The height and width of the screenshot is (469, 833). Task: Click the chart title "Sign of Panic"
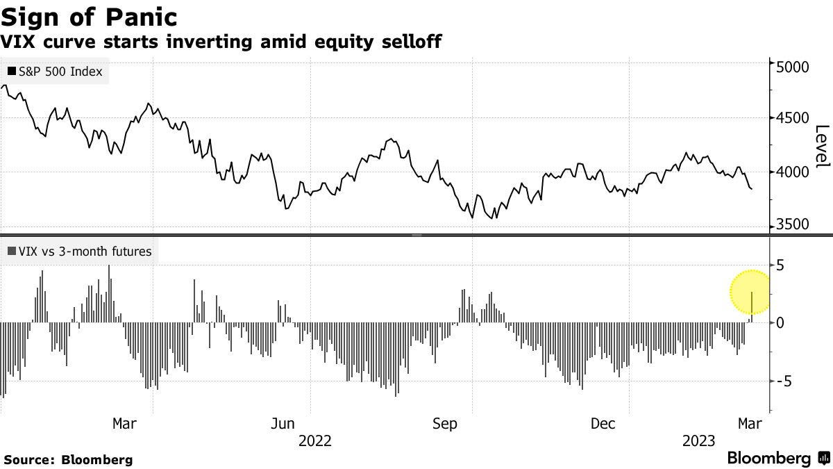click(x=90, y=16)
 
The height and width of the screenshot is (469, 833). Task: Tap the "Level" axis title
click(x=822, y=146)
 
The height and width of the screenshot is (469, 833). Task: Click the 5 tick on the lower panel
click(x=780, y=265)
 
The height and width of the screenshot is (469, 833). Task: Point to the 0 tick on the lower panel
click(x=780, y=323)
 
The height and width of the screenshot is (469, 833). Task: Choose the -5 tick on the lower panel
click(x=784, y=381)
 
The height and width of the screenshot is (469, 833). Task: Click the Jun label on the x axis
click(x=283, y=423)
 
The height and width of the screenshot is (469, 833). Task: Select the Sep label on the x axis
click(x=444, y=423)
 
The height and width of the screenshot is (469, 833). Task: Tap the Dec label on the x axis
click(x=603, y=423)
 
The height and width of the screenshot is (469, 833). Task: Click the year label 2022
click(x=314, y=441)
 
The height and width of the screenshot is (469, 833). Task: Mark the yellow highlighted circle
click(x=750, y=292)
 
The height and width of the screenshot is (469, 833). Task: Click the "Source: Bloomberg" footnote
click(x=68, y=459)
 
